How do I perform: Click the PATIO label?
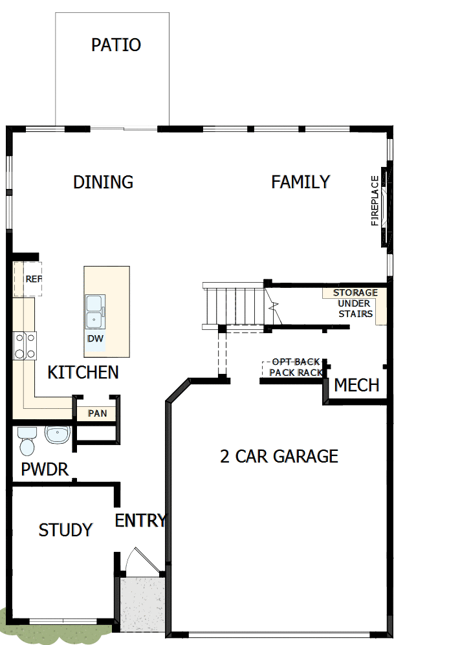pyautogui.click(x=116, y=45)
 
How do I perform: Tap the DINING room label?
pyautogui.click(x=103, y=182)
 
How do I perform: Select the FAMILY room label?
pyautogui.click(x=301, y=182)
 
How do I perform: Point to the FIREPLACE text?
pyautogui.click(x=375, y=201)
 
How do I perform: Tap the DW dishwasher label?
pyautogui.click(x=95, y=338)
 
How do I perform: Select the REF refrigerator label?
pyautogui.click(x=32, y=279)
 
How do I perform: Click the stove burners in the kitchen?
pyautogui.click(x=25, y=344)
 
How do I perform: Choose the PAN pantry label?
pyautogui.click(x=97, y=413)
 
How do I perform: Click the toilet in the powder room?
pyautogui.click(x=27, y=441)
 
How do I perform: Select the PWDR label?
pyautogui.click(x=45, y=470)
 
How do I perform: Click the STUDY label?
pyautogui.click(x=65, y=530)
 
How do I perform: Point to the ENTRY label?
pyautogui.click(x=140, y=521)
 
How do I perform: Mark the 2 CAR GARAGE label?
pyautogui.click(x=279, y=457)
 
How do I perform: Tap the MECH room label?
pyautogui.click(x=356, y=386)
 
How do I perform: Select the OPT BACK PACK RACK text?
pyautogui.click(x=296, y=367)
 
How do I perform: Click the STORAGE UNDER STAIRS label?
pyautogui.click(x=355, y=303)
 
